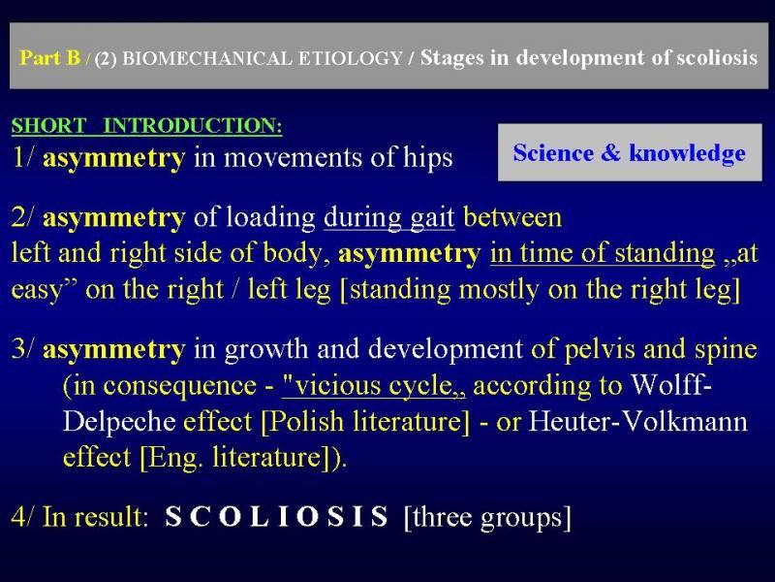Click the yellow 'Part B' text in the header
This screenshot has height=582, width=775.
(49, 57)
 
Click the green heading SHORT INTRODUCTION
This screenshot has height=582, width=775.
(147, 125)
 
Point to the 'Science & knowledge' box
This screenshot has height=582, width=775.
(630, 152)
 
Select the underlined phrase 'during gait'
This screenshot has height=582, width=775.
(389, 218)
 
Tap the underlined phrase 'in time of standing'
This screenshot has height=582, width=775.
(603, 253)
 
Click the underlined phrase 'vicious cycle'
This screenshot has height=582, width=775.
(373, 385)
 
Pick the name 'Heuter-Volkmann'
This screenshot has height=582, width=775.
(638, 422)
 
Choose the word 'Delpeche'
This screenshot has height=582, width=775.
(119, 422)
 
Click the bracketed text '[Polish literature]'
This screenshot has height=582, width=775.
(365, 422)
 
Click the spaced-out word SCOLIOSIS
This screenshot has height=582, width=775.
(277, 517)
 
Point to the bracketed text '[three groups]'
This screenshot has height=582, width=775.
(487, 518)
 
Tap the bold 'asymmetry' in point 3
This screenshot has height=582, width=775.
(114, 350)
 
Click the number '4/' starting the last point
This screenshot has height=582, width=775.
(22, 517)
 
